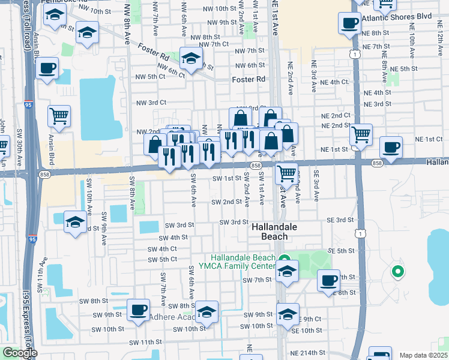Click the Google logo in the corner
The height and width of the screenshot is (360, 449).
pos(19,353)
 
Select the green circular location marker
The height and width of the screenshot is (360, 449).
pos(396,272)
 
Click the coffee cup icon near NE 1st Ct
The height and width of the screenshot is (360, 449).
pos(391,147)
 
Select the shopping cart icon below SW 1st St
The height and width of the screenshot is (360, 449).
pos(287,173)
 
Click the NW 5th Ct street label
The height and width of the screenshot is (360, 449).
pos(150,77)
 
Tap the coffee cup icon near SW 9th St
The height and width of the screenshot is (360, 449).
pos(138,310)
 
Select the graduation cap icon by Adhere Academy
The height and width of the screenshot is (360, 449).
pos(207,312)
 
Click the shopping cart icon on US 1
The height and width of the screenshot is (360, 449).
pos(361,134)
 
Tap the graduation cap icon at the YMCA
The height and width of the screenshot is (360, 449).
pos(288,271)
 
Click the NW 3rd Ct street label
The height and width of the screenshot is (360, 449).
pos(150,103)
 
